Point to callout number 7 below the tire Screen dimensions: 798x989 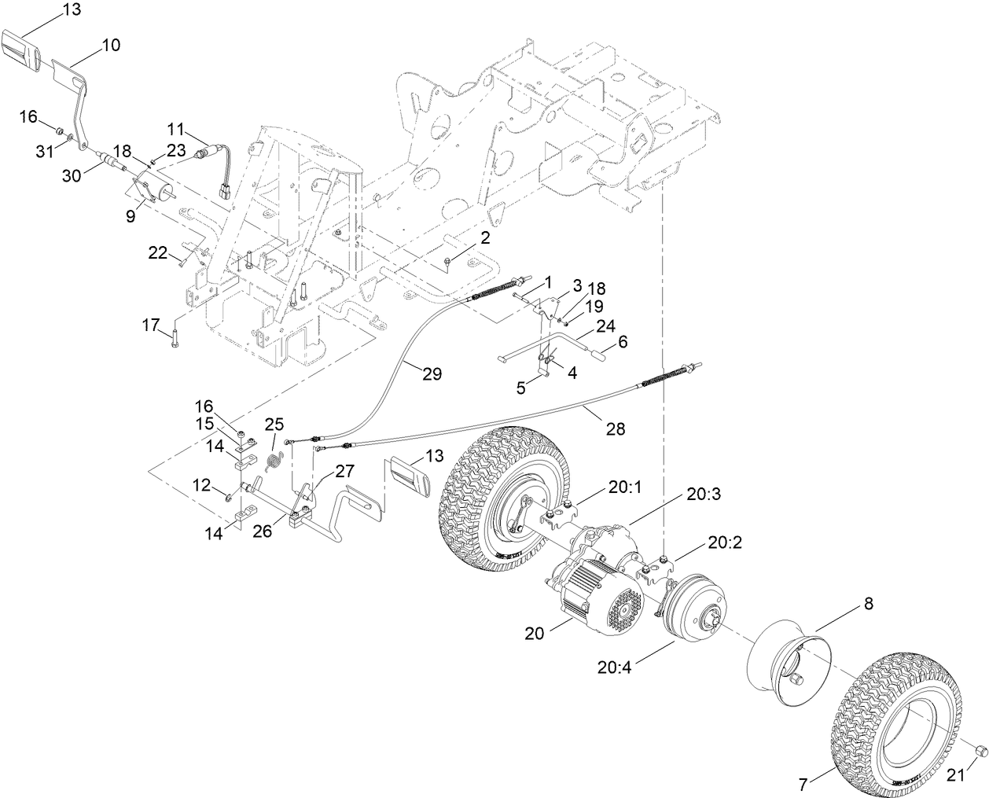coord(804,785)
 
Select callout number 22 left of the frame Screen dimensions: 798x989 coord(158,252)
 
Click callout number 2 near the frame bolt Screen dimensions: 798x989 coord(484,237)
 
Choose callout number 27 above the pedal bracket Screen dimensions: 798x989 coord(344,471)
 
